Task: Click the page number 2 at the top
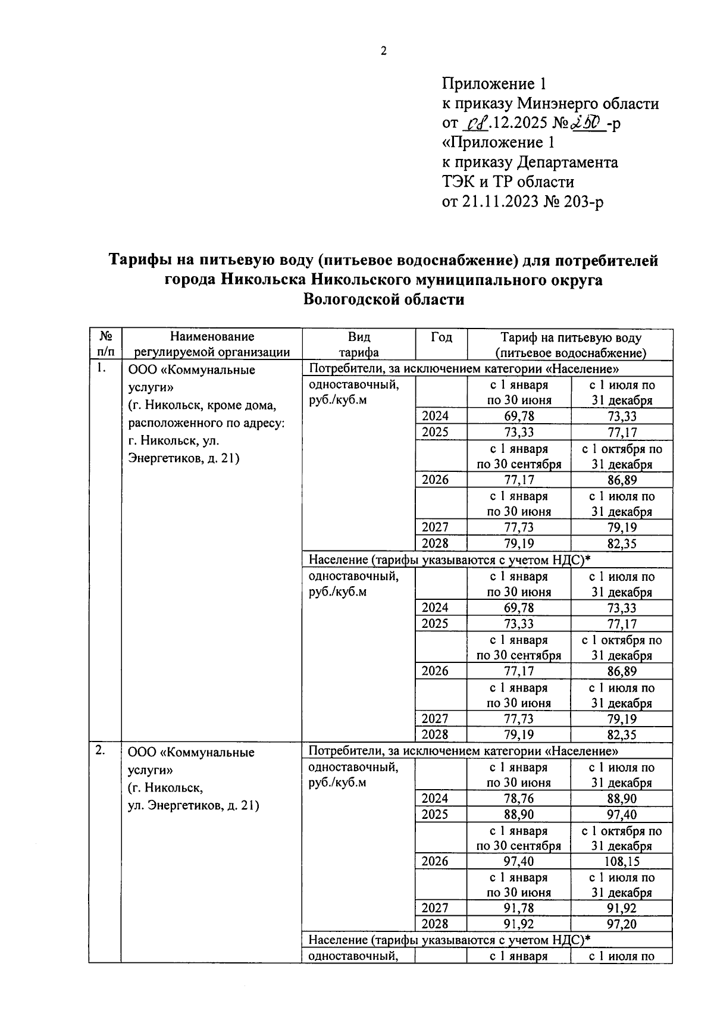(384, 51)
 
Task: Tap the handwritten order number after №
(588, 123)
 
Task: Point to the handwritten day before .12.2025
(476, 124)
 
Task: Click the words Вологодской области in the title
(383, 299)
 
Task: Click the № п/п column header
(105, 345)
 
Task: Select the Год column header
(441, 337)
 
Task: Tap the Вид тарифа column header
(359, 345)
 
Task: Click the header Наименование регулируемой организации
(212, 345)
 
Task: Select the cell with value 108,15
(621, 861)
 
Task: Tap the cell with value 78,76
(518, 799)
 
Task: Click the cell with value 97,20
(621, 924)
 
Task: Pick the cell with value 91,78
(518, 908)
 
